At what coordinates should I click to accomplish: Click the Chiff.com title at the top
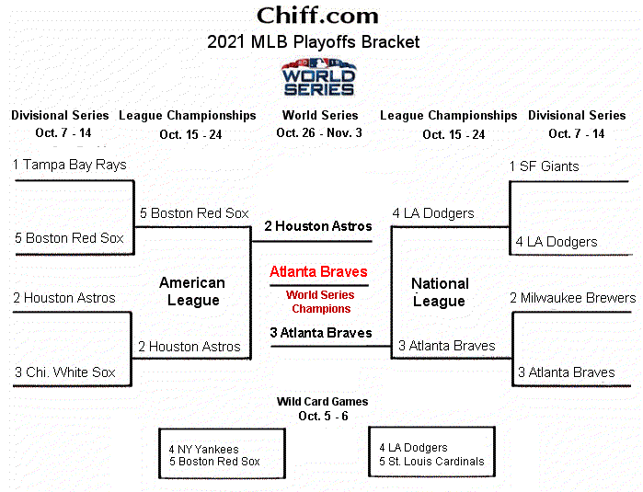click(x=317, y=16)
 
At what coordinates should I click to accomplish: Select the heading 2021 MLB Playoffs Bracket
click(x=314, y=41)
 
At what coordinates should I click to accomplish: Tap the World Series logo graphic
click(x=318, y=77)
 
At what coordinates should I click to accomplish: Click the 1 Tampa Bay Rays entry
click(x=70, y=165)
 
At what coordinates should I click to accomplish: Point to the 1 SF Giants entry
click(x=545, y=166)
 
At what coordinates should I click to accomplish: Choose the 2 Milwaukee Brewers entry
click(x=572, y=298)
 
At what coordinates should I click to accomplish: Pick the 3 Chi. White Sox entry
click(x=64, y=372)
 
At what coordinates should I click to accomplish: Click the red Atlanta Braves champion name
click(x=318, y=272)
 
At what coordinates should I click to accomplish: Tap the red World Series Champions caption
click(x=319, y=302)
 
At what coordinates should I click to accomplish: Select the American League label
click(x=192, y=292)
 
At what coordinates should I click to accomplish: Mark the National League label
click(x=440, y=292)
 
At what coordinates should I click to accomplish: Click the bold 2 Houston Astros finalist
click(x=318, y=226)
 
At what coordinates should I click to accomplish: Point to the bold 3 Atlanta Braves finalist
click(x=321, y=333)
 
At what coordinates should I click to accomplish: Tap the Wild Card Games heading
click(x=322, y=402)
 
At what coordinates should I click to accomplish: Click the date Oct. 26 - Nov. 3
click(x=320, y=132)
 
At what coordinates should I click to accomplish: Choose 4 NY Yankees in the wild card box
click(x=203, y=450)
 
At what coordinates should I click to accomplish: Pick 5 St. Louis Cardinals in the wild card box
click(x=431, y=462)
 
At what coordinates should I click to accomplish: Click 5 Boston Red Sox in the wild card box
click(x=214, y=462)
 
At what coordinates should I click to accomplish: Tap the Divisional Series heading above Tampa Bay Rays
click(x=60, y=116)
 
